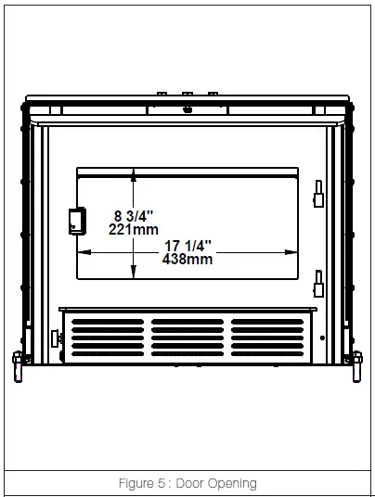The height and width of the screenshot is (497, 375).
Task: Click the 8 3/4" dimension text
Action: click(108, 215)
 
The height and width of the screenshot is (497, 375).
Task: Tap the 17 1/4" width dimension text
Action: click(187, 246)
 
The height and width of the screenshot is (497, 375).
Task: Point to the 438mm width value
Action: click(187, 260)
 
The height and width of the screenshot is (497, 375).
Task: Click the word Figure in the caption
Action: click(139, 483)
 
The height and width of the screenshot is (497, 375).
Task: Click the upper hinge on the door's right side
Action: click(318, 194)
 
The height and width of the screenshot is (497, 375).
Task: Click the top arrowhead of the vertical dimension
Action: click(135, 173)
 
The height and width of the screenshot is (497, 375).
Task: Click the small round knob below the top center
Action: click(188, 109)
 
